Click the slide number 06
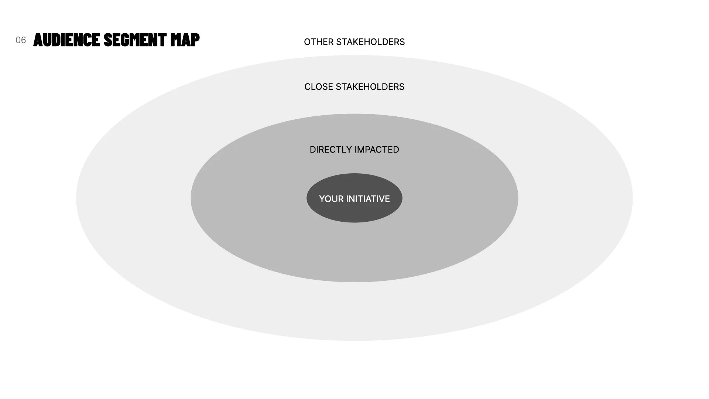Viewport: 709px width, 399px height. [21, 40]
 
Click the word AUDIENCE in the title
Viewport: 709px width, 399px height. [67, 40]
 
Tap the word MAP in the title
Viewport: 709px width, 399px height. [185, 40]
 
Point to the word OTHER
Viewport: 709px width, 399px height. [319, 42]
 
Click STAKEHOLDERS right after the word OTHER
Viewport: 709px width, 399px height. [370, 42]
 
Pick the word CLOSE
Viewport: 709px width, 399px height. [319, 87]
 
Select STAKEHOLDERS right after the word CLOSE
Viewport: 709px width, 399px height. [370, 87]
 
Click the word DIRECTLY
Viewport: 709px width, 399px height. [331, 150]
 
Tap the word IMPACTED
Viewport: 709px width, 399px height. [377, 150]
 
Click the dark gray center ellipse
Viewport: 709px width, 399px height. [354, 214]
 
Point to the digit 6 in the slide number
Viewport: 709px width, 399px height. [24, 40]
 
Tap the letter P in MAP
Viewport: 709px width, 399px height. [195, 40]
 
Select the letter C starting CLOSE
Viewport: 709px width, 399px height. [307, 87]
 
